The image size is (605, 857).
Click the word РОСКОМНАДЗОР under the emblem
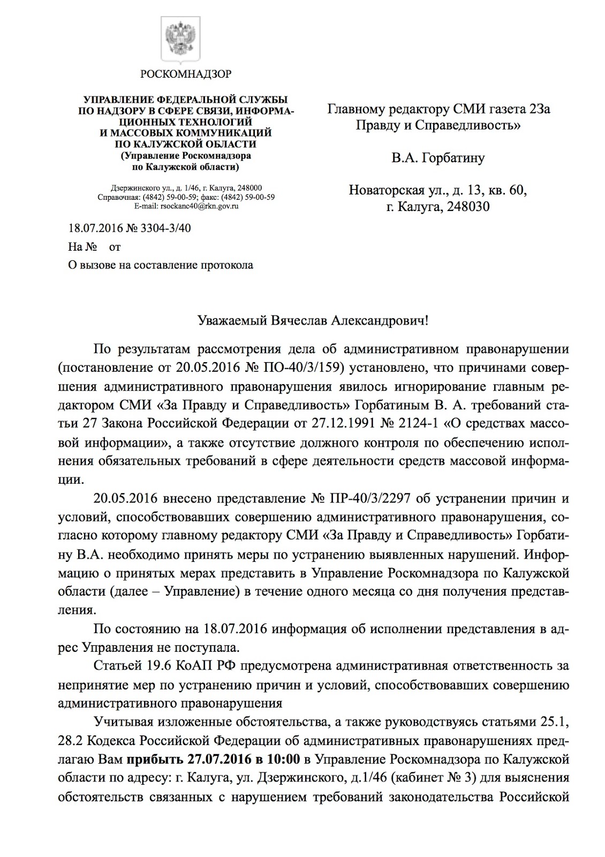coord(186,74)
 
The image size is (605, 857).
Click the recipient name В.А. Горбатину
coord(437,158)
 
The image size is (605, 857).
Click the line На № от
coord(95,247)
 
